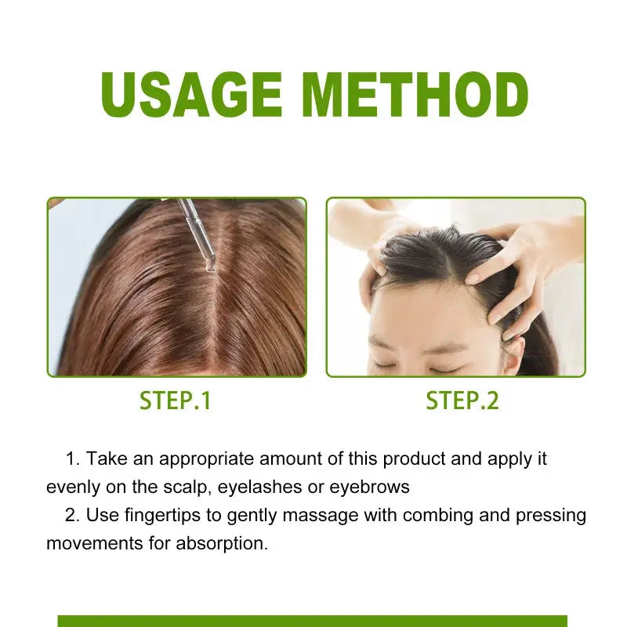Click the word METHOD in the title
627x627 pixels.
[x=415, y=96]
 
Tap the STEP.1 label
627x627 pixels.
[x=176, y=400]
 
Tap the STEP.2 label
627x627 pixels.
[x=462, y=400]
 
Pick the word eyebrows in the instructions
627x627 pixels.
[x=369, y=487]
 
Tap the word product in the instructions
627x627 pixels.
[x=421, y=458]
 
